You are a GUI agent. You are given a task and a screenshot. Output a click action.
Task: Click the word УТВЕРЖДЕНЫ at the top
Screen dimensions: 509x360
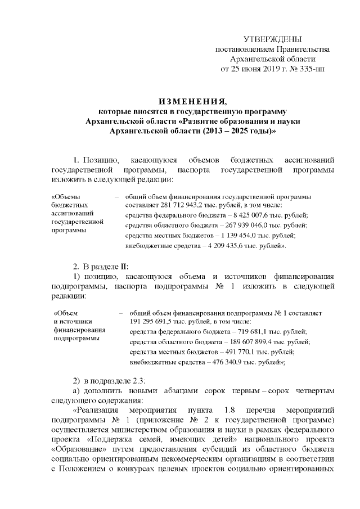click(x=273, y=39)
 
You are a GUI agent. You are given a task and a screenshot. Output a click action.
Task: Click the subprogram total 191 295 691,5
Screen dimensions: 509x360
click(x=154, y=322)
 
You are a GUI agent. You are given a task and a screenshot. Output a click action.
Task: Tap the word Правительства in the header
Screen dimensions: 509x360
click(x=305, y=49)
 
